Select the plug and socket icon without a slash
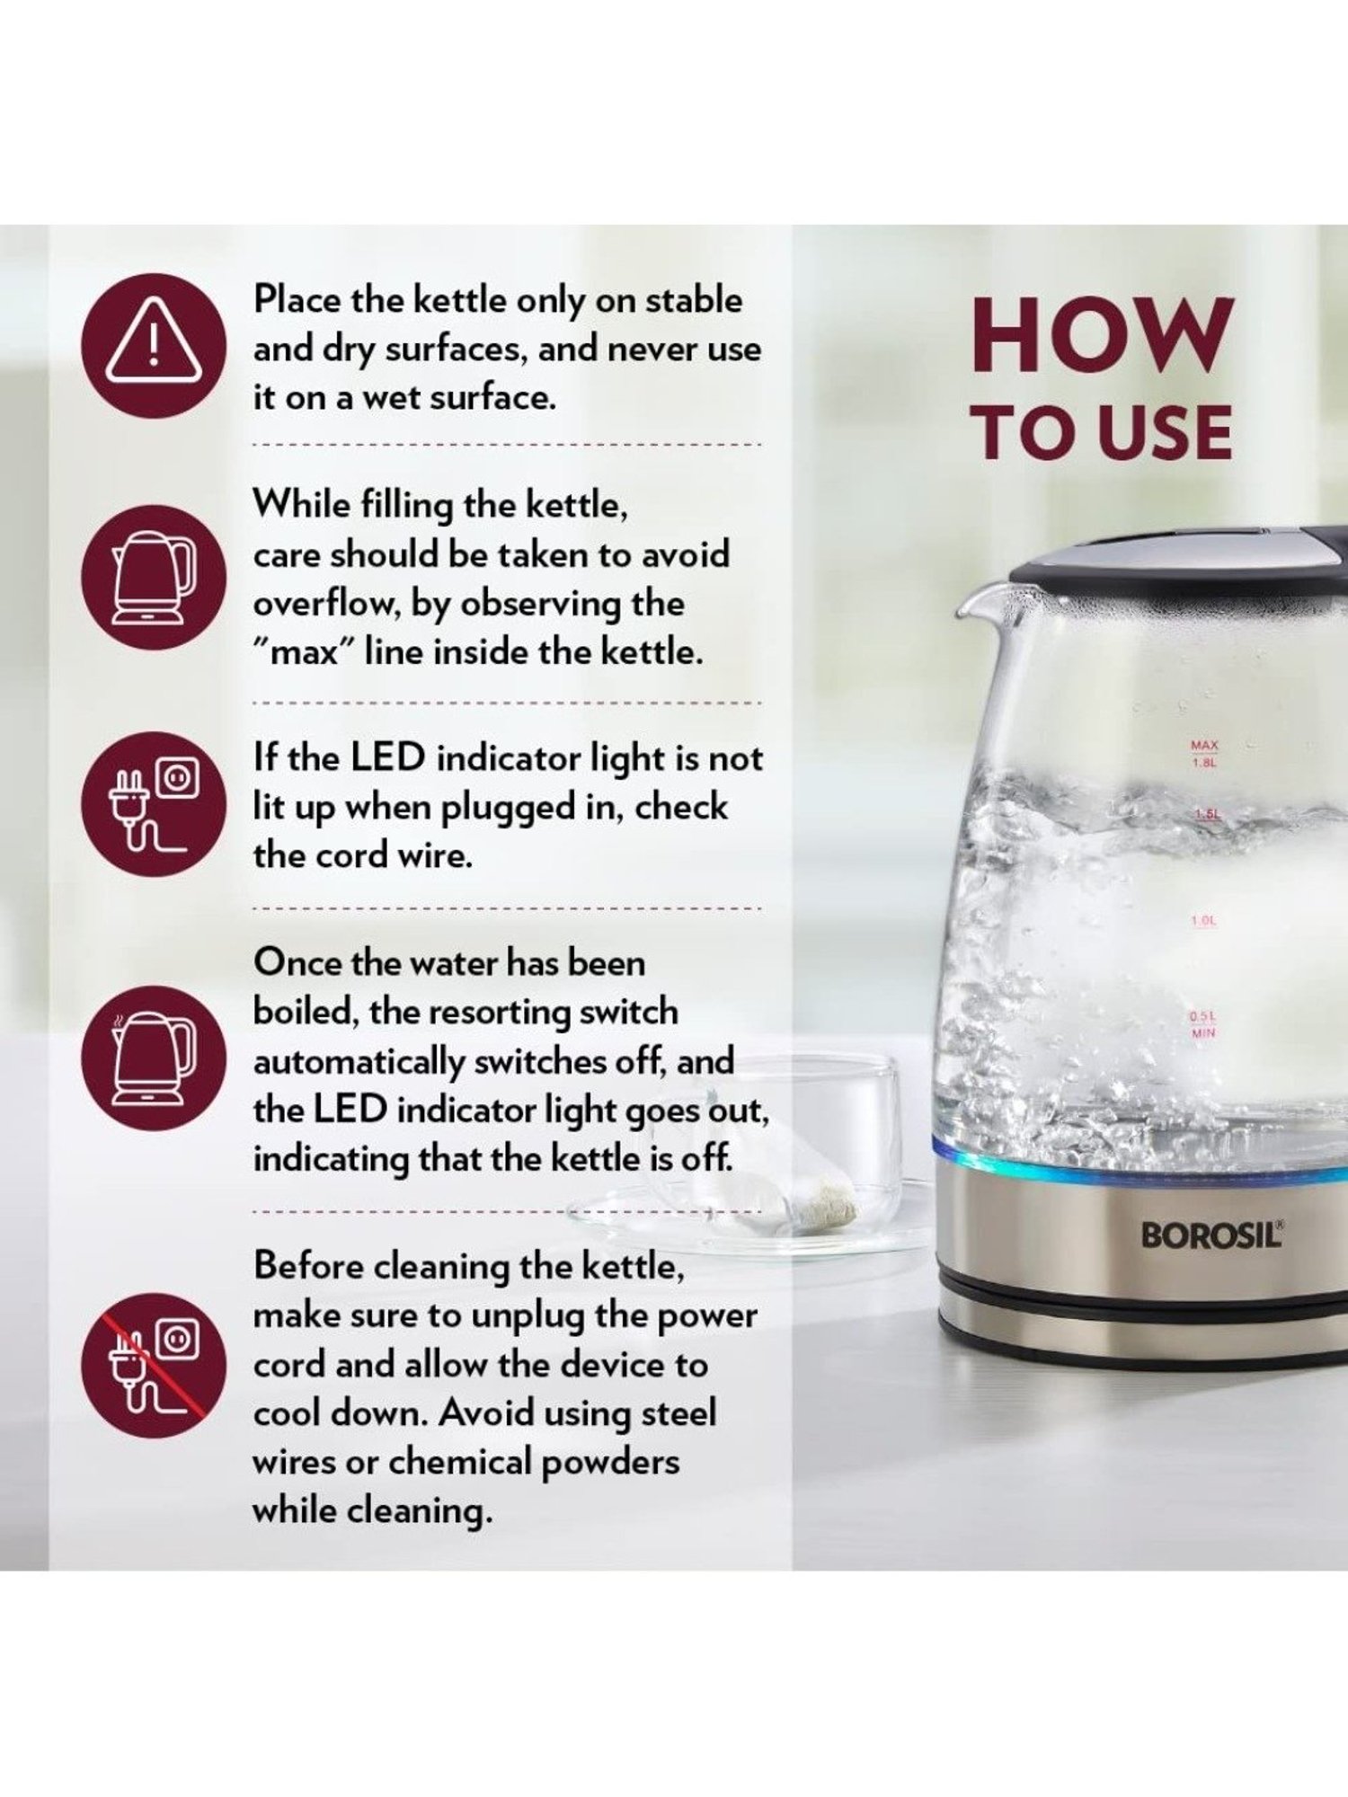(154, 804)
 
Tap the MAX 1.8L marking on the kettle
(1203, 754)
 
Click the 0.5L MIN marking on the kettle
(1203, 1024)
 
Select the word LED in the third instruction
(386, 758)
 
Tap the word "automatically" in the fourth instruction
(359, 1063)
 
